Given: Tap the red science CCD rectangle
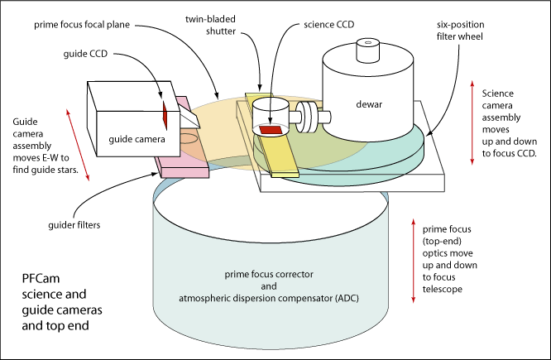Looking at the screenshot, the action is (x=271, y=129).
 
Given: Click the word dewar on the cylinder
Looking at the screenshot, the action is (x=369, y=104).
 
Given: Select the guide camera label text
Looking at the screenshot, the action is (x=137, y=139).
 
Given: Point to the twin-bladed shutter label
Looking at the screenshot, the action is (x=210, y=25).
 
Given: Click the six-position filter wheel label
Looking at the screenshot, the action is (x=460, y=31).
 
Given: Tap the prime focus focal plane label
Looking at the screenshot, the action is (x=82, y=25).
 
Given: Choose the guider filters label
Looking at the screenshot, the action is (x=74, y=225).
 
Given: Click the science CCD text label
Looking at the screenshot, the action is (x=329, y=25).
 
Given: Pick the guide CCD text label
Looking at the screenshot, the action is (x=85, y=54).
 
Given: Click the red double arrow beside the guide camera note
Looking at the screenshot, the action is (x=78, y=145).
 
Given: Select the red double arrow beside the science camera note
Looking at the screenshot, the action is (x=472, y=122).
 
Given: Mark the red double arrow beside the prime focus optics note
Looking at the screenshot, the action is (x=414, y=261).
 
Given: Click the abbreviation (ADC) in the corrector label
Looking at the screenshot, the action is (x=347, y=299).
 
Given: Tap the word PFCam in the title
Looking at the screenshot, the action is (x=41, y=278).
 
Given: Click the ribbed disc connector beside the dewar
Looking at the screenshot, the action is (x=306, y=117).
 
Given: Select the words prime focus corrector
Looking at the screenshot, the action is (x=269, y=274).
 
